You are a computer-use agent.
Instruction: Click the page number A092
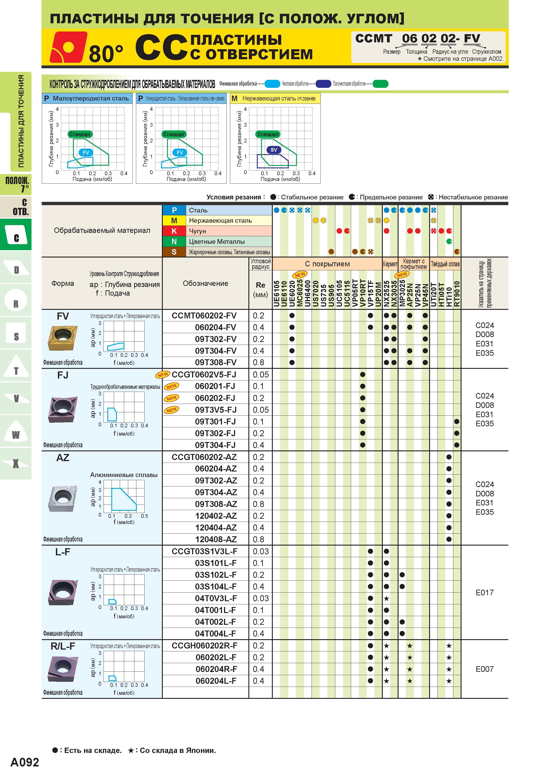[25, 762]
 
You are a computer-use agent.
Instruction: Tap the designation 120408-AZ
[216, 539]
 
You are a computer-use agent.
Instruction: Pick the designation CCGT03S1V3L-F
[204, 551]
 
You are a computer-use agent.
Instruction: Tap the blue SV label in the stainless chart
[274, 150]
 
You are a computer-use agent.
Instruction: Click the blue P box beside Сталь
[174, 210]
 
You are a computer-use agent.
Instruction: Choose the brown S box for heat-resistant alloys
[174, 252]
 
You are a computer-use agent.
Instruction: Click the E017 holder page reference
[485, 592]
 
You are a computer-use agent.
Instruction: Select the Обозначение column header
[205, 283]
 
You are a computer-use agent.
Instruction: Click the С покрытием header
[327, 264]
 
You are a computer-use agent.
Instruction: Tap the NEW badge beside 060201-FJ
[171, 386]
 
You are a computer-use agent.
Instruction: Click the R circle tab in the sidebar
[16, 301]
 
